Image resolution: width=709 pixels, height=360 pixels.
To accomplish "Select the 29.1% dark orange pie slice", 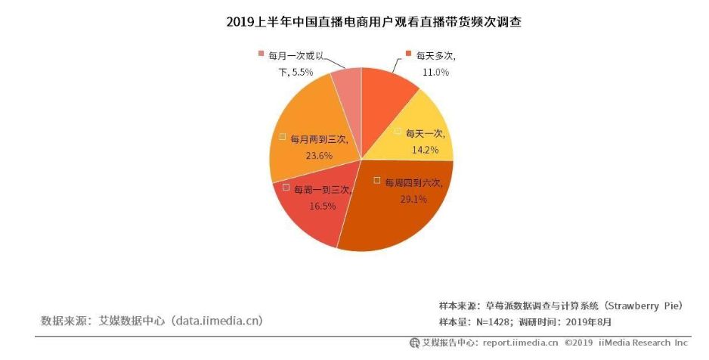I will coord(401,216).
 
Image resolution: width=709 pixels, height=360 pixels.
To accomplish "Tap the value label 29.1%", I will coord(413,199).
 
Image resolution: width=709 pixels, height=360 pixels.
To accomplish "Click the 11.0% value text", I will coord(436,72).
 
